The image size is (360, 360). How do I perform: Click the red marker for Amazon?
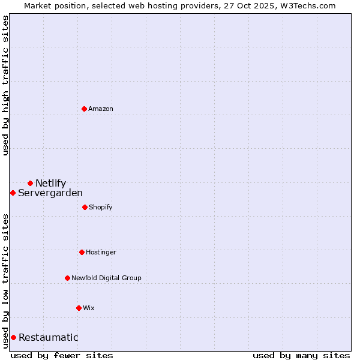click(84, 109)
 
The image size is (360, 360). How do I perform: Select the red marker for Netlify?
click(30, 183)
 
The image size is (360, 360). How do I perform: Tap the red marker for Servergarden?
click(13, 193)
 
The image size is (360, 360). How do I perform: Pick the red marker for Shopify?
click(85, 207)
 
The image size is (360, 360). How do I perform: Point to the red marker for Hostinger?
click(82, 252)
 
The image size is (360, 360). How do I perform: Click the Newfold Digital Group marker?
click(67, 278)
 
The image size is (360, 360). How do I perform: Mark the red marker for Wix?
click(79, 308)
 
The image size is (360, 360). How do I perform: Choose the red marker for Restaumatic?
click(13, 337)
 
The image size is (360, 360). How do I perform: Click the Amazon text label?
click(101, 109)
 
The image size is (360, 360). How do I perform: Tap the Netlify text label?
click(50, 183)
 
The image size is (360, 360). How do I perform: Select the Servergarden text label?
click(50, 193)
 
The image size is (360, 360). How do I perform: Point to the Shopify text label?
click(101, 207)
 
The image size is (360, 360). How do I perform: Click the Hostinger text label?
click(101, 252)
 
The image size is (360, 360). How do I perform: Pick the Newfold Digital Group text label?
click(106, 278)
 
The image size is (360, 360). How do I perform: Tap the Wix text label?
click(89, 308)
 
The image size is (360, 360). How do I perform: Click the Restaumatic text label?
click(48, 337)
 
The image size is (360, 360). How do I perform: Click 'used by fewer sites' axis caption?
click(62, 355)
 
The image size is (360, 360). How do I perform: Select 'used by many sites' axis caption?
click(301, 355)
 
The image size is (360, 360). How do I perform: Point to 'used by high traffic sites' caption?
click(5, 85)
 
